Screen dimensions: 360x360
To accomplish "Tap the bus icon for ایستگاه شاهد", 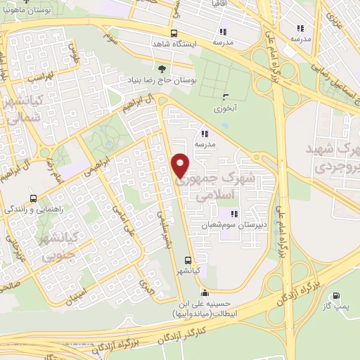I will (174, 33).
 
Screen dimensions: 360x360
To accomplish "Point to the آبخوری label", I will (227, 109).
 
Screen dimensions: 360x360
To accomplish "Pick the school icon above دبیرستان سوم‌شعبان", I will (233, 214).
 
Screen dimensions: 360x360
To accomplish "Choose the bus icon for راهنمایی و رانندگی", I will (34, 199).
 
